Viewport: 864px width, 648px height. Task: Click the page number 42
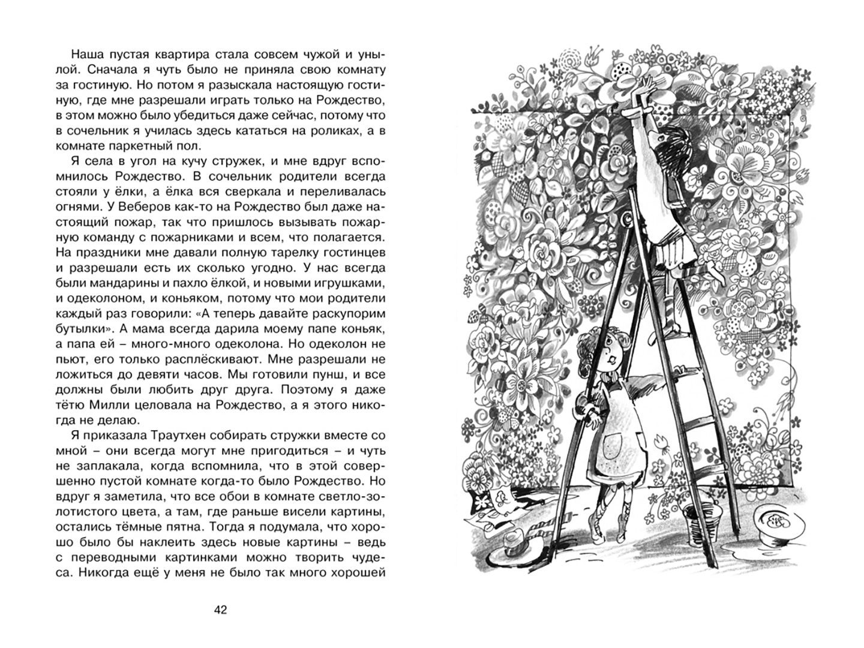(221, 610)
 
